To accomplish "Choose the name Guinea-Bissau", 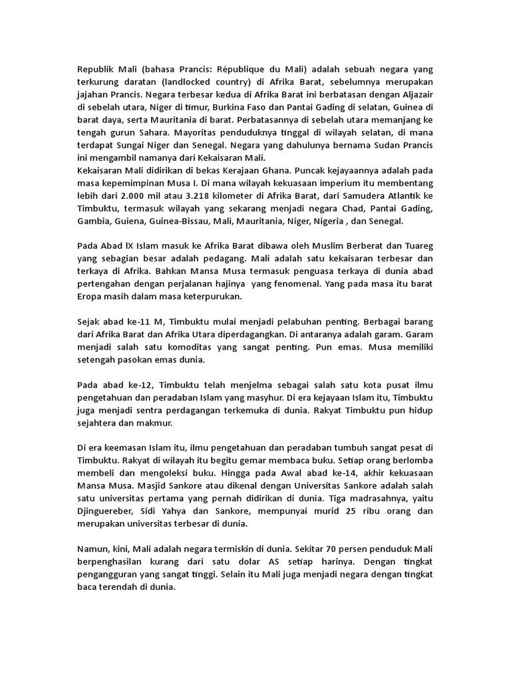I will tap(186, 221).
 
